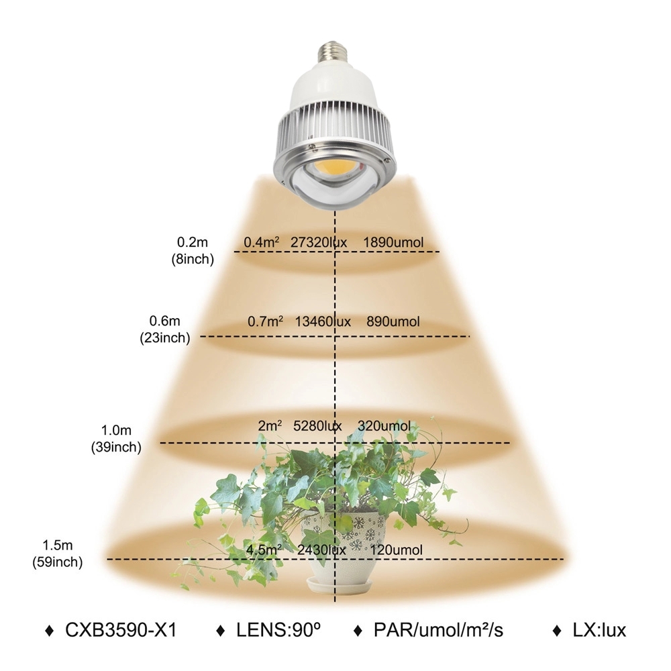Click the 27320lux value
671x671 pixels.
pos(319,242)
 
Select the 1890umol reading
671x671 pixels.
pos(393,242)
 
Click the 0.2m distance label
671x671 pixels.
pos(193,242)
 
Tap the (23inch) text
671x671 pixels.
pos(165,338)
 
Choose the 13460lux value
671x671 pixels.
pos(323,321)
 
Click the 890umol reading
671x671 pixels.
pos(393,321)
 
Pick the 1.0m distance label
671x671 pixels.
pos(116,430)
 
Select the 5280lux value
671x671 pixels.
pos(317,426)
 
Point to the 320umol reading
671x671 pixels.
pos(384,426)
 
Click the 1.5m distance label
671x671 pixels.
pos(57,545)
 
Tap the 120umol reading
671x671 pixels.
pos(397,550)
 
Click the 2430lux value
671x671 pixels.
pos(321,550)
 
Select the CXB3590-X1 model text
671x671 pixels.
pos(121,630)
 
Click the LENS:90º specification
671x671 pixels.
pos(278,629)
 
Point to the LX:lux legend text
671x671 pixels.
pos(599,630)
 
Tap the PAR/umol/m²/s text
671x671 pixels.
pos(439,630)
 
